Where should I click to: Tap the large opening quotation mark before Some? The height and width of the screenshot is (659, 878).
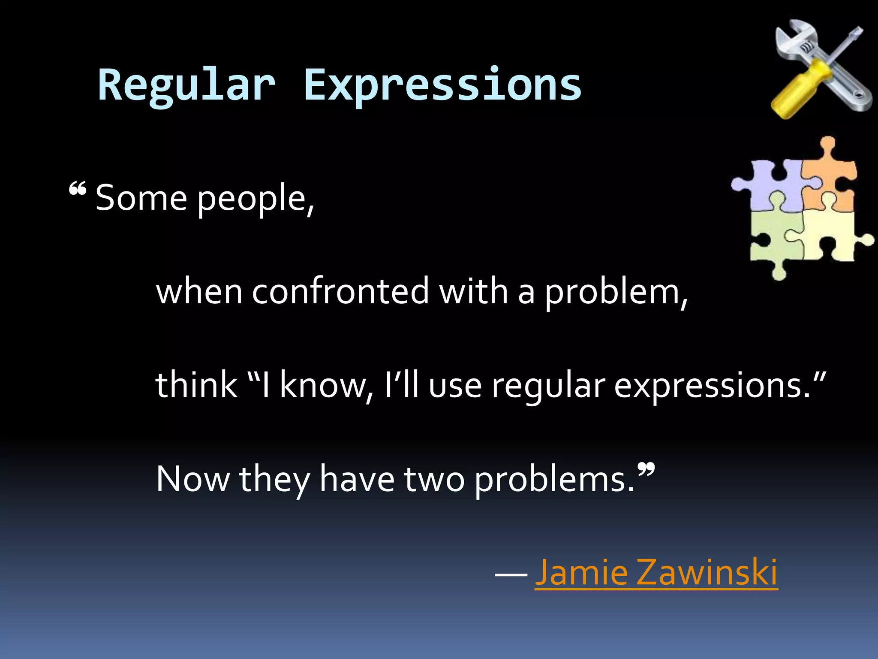point(78,189)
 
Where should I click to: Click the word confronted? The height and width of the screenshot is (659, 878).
point(340,292)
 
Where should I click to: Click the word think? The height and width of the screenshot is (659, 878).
point(196,385)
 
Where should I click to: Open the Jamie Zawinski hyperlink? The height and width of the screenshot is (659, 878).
point(656,572)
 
